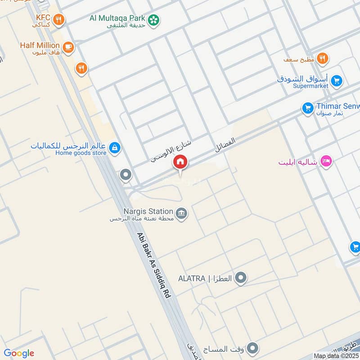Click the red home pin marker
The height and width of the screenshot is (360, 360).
pyautogui.click(x=180, y=162)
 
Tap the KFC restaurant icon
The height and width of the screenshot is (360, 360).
pyautogui.click(x=58, y=20)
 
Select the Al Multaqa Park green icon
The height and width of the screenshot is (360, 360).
pyautogui.click(x=154, y=20)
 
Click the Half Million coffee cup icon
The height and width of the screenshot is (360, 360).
pyautogui.click(x=68, y=47)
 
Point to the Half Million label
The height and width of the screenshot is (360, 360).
pyautogui.click(x=40, y=45)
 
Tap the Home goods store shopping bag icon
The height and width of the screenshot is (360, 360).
pyautogui.click(x=115, y=148)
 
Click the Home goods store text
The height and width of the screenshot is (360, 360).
pyautogui.click(x=81, y=153)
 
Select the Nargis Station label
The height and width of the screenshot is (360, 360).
pyautogui.click(x=148, y=211)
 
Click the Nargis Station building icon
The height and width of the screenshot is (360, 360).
pyautogui.click(x=181, y=213)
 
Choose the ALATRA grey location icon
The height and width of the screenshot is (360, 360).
pyautogui.click(x=241, y=278)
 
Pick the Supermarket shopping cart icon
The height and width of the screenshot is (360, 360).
pyautogui.click(x=336, y=81)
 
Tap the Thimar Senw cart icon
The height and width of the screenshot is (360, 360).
pyautogui.click(x=308, y=108)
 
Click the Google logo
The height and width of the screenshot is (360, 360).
pyautogui.click(x=19, y=353)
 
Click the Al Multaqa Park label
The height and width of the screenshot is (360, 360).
pyautogui.click(x=117, y=18)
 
